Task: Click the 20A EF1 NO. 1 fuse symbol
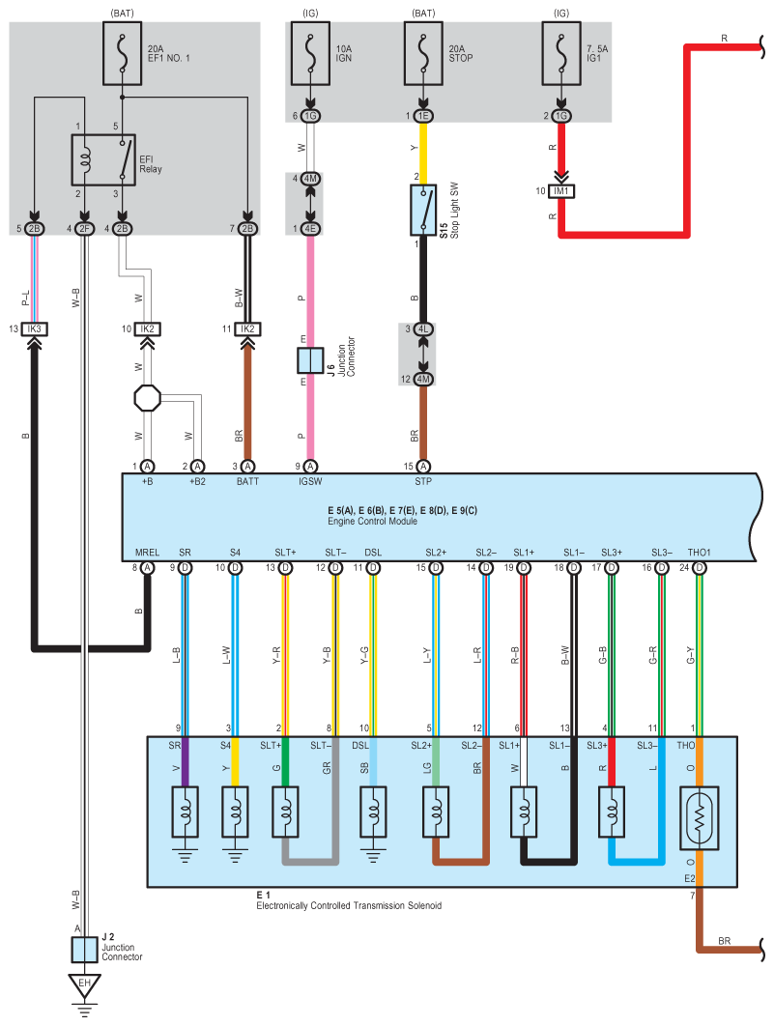(123, 54)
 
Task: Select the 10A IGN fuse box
(310, 54)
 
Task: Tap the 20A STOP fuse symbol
(423, 54)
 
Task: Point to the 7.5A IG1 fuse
(561, 54)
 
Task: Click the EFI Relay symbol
(103, 160)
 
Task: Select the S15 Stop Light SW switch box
(423, 210)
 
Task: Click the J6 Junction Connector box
(310, 360)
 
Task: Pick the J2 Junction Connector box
(84, 950)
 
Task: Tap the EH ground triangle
(84, 984)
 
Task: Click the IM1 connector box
(561, 191)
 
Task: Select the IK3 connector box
(34, 328)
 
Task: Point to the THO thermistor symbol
(700, 818)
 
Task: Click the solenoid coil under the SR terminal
(186, 812)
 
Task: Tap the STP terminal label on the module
(423, 481)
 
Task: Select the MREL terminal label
(147, 553)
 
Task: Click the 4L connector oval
(423, 328)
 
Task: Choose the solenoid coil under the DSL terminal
(373, 812)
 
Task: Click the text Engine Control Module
(372, 522)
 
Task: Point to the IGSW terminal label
(310, 481)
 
